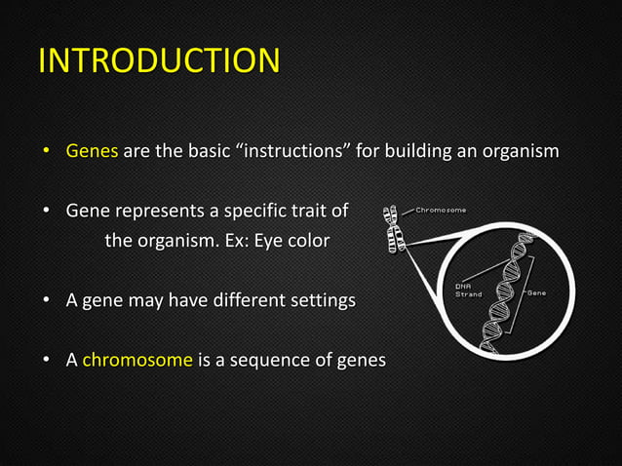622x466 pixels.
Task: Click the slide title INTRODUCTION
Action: click(x=159, y=60)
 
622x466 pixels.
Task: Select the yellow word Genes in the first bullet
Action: click(x=92, y=152)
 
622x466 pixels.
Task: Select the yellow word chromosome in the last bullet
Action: click(x=137, y=360)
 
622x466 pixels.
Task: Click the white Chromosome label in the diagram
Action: click(x=441, y=210)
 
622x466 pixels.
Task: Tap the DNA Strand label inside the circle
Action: click(x=469, y=291)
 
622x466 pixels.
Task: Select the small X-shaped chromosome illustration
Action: click(x=395, y=227)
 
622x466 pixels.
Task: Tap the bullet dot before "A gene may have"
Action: click(x=45, y=301)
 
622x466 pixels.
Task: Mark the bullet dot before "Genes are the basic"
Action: click(x=45, y=153)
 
